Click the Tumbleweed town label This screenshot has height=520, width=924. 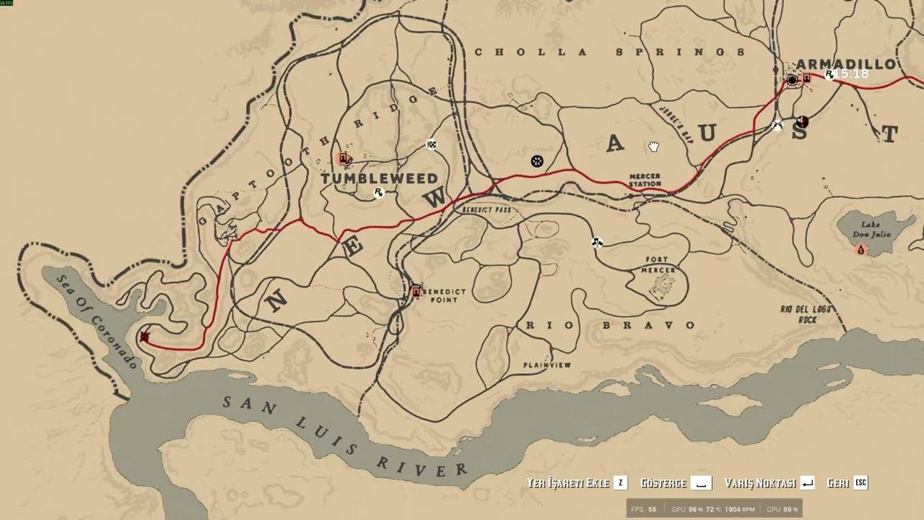click(379, 178)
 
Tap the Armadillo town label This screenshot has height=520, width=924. click(845, 64)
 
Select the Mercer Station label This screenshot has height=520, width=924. click(645, 180)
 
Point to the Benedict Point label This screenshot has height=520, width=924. click(445, 295)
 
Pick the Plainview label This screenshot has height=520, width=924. click(546, 365)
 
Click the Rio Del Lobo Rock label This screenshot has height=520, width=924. click(806, 313)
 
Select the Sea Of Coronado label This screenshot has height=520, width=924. click(97, 322)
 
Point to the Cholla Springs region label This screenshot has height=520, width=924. click(609, 52)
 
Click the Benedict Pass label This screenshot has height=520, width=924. click(486, 209)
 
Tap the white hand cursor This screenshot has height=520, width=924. click(653, 147)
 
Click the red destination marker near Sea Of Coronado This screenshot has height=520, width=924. click(145, 337)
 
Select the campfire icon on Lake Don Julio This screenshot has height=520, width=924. click(860, 249)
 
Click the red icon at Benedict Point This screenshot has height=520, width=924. click(415, 292)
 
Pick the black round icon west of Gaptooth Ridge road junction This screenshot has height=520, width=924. click(537, 161)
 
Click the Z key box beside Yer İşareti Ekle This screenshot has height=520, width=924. click(620, 483)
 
